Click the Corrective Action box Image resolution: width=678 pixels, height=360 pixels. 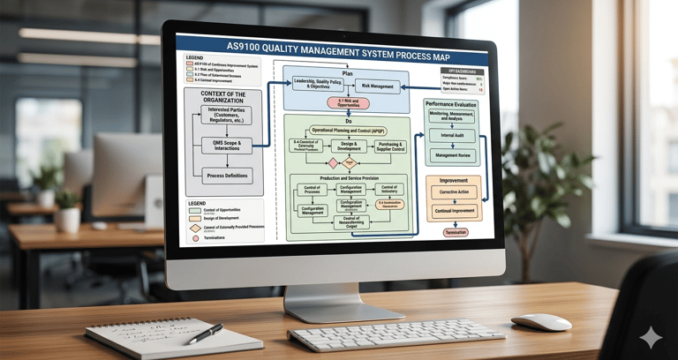(454, 191)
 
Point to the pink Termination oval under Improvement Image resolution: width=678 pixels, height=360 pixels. (456, 232)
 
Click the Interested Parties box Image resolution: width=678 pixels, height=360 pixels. (226, 115)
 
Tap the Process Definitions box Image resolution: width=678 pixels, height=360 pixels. (227, 176)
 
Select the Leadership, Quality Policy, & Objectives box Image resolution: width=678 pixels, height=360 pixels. (321, 86)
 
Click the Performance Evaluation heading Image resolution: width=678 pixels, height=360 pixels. (452, 104)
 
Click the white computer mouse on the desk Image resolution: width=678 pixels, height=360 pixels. (540, 322)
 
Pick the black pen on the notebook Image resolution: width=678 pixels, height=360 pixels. (205, 334)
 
